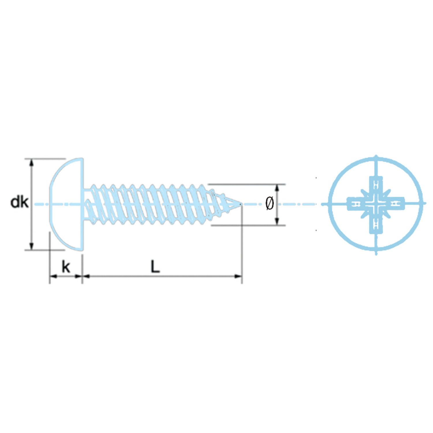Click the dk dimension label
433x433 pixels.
tap(19, 202)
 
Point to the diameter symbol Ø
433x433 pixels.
tap(269, 204)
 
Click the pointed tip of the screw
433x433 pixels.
tap(241, 204)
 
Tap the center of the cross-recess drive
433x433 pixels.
tap(376, 204)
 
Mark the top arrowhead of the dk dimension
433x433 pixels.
tap(32, 162)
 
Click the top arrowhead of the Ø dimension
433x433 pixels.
tap(277, 188)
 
